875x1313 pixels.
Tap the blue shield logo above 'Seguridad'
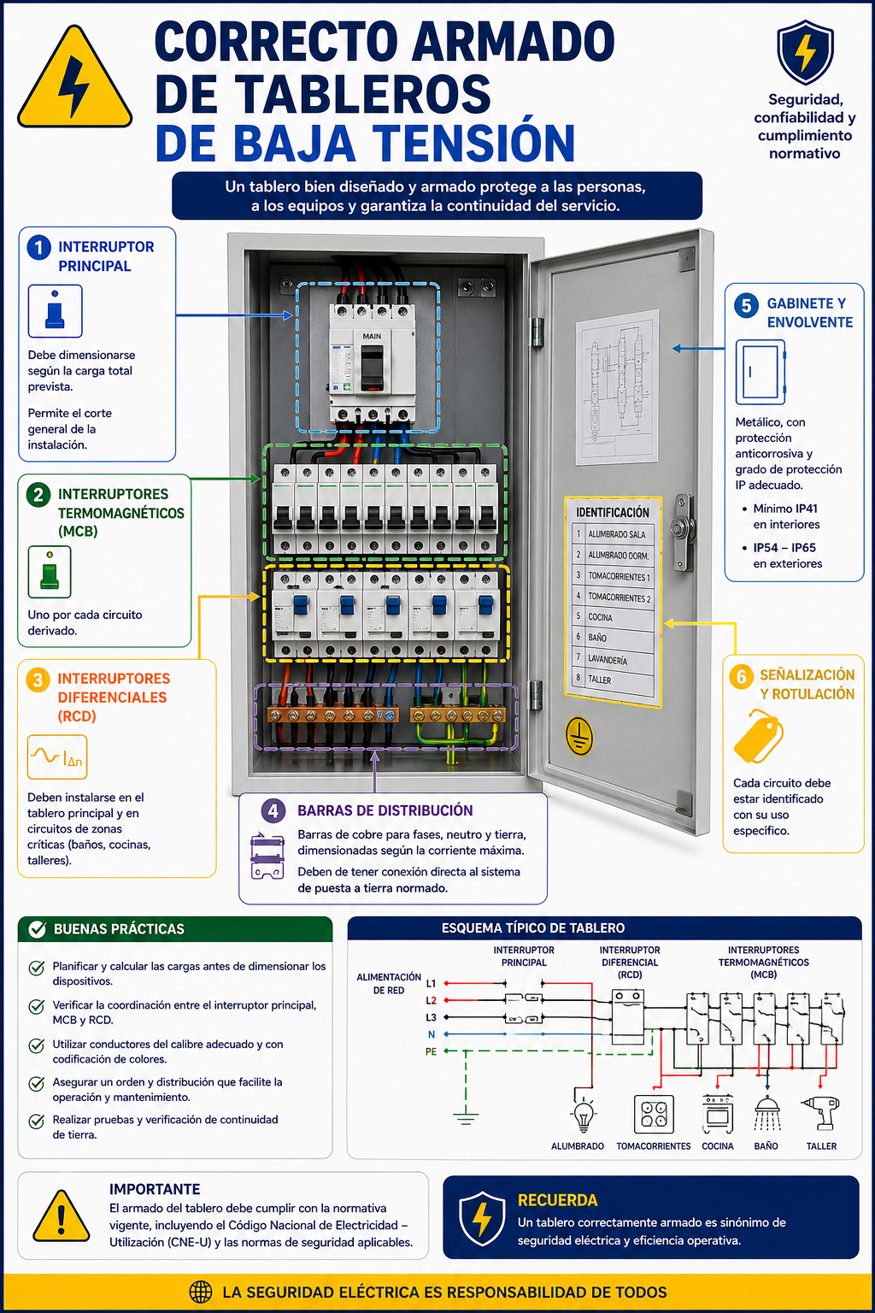click(x=805, y=53)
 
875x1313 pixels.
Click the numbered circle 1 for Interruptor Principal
click(x=38, y=247)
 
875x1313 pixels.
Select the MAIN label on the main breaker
click(x=372, y=336)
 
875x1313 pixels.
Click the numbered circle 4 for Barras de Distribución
click(x=273, y=810)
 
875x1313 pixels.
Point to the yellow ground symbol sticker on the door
click(x=579, y=735)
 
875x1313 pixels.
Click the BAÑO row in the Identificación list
click(x=614, y=638)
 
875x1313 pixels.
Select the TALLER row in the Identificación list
click(x=614, y=680)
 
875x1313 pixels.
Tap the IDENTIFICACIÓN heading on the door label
click(x=613, y=512)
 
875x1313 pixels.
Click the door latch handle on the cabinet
click(x=682, y=531)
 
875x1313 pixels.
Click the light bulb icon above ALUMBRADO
click(x=584, y=1114)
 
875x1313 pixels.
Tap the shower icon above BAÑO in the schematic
click(x=767, y=1114)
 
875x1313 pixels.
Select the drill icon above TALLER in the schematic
click(x=821, y=1112)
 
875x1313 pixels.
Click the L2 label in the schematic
click(x=432, y=1000)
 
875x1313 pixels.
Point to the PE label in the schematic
click(x=432, y=1051)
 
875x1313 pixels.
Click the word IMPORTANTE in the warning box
click(x=155, y=1189)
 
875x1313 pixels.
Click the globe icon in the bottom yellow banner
click(x=201, y=1292)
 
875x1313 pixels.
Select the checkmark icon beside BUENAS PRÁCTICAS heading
click(x=38, y=929)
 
